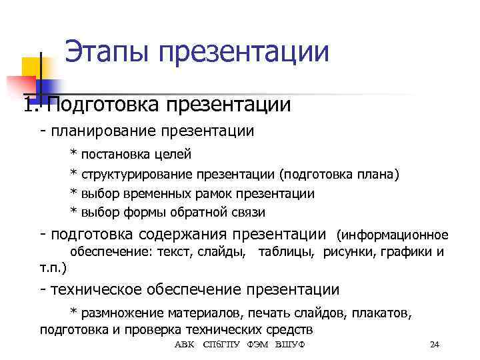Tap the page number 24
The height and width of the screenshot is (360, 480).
(435, 344)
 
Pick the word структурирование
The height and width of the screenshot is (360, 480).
(137, 175)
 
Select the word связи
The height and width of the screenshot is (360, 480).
(247, 213)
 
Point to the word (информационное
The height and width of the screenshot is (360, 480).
(393, 235)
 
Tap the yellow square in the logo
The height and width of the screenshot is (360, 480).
(32, 67)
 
